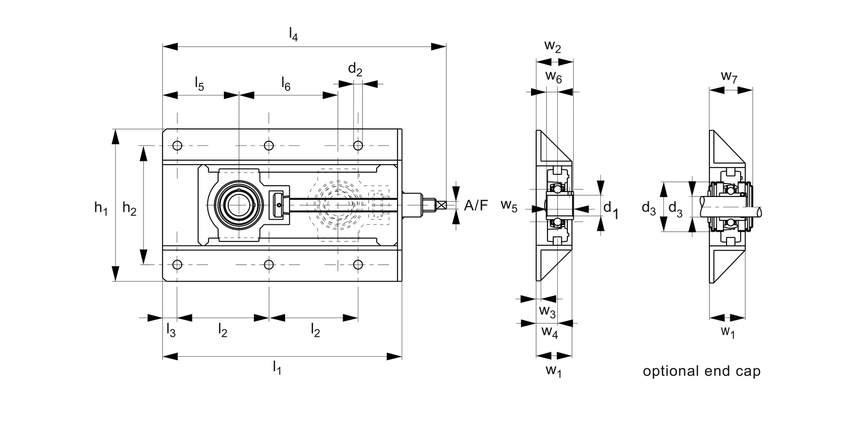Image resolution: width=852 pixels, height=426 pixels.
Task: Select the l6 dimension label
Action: [x=286, y=85]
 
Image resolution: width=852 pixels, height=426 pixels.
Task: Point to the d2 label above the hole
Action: [x=355, y=70]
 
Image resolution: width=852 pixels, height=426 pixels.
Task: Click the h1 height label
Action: [x=101, y=208]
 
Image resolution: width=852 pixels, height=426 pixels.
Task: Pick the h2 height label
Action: [x=130, y=209]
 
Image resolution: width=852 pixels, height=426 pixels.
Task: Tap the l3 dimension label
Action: [x=170, y=329]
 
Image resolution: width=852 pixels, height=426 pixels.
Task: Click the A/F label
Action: [x=476, y=206]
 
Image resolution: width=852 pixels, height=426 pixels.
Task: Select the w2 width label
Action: [x=553, y=47]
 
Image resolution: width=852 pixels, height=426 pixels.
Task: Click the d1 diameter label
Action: [x=611, y=208]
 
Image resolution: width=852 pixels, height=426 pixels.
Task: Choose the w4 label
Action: [x=549, y=332]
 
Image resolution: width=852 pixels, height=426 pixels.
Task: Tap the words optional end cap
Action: [x=701, y=371]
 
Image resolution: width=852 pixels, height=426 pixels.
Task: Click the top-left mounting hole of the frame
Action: [x=178, y=145]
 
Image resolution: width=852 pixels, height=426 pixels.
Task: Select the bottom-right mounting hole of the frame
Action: [x=358, y=265]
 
